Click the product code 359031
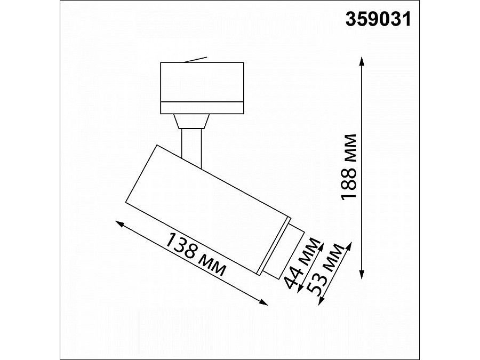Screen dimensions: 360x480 click(379, 19)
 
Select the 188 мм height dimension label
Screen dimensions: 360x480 click(349, 166)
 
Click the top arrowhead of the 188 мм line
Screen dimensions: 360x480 click(362, 60)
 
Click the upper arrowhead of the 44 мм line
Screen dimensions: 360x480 click(321, 243)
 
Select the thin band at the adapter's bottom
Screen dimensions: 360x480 click(202, 106)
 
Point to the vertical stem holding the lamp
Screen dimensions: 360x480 click(191, 144)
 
